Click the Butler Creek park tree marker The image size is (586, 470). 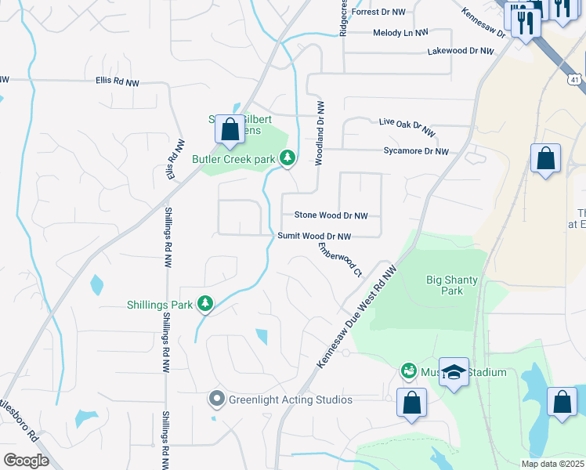[288, 159]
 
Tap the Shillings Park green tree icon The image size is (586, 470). [205, 303]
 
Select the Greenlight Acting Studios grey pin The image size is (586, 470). [217, 399]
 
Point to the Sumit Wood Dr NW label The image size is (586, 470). [314, 236]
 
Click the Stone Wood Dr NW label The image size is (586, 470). [330, 215]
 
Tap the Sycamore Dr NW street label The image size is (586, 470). [416, 151]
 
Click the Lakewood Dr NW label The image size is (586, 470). [461, 50]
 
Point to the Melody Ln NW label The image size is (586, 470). [400, 33]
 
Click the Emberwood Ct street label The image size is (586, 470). [340, 259]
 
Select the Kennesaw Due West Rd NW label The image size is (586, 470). [358, 316]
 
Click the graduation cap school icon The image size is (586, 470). [454, 372]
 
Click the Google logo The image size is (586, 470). [25, 461]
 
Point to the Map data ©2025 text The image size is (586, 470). [552, 464]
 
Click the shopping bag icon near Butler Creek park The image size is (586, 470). [230, 130]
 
